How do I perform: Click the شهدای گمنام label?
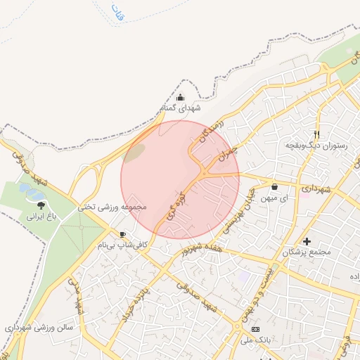pyautogui.click(x=181, y=109)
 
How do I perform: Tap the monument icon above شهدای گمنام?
pyautogui.click(x=181, y=98)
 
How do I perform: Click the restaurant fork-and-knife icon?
pyautogui.click(x=317, y=134)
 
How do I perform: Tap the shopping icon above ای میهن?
pyautogui.click(x=274, y=187)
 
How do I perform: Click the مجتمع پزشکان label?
pyautogui.click(x=307, y=252)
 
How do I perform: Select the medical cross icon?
pyautogui.click(x=307, y=241)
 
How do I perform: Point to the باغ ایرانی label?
pyautogui.click(x=41, y=217)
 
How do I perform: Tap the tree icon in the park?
pyautogui.click(x=41, y=205)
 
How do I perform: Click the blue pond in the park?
pyautogui.click(x=31, y=190)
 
